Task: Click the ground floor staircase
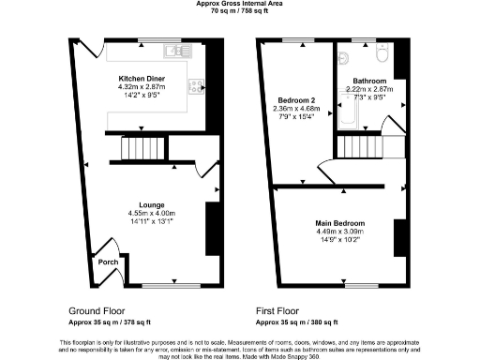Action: (x=138, y=148)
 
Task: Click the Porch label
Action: (x=107, y=262)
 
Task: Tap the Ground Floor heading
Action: (x=99, y=309)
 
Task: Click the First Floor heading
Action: (x=284, y=309)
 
